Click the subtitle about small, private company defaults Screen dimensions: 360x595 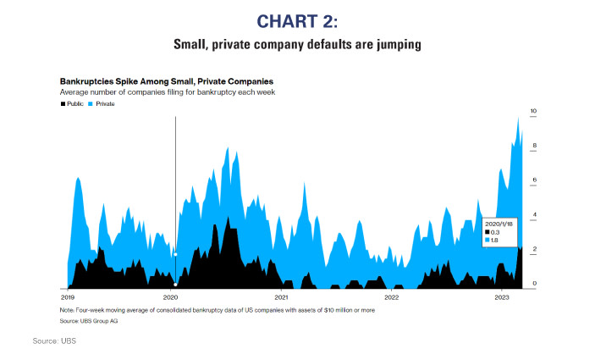[297, 43]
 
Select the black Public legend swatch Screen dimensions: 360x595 [62, 103]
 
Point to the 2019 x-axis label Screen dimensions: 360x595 [68, 297]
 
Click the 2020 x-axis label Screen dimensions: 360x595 [170, 297]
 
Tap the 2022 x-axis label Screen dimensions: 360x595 [391, 297]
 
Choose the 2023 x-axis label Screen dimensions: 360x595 [501, 297]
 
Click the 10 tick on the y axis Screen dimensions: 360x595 [533, 111]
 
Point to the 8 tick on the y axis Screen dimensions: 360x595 [534, 147]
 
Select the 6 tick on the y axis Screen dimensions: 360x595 [534, 180]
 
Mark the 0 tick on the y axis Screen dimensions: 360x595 [534, 284]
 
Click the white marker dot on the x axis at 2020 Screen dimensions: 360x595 [175, 285]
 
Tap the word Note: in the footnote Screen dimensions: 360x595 [68, 311]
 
